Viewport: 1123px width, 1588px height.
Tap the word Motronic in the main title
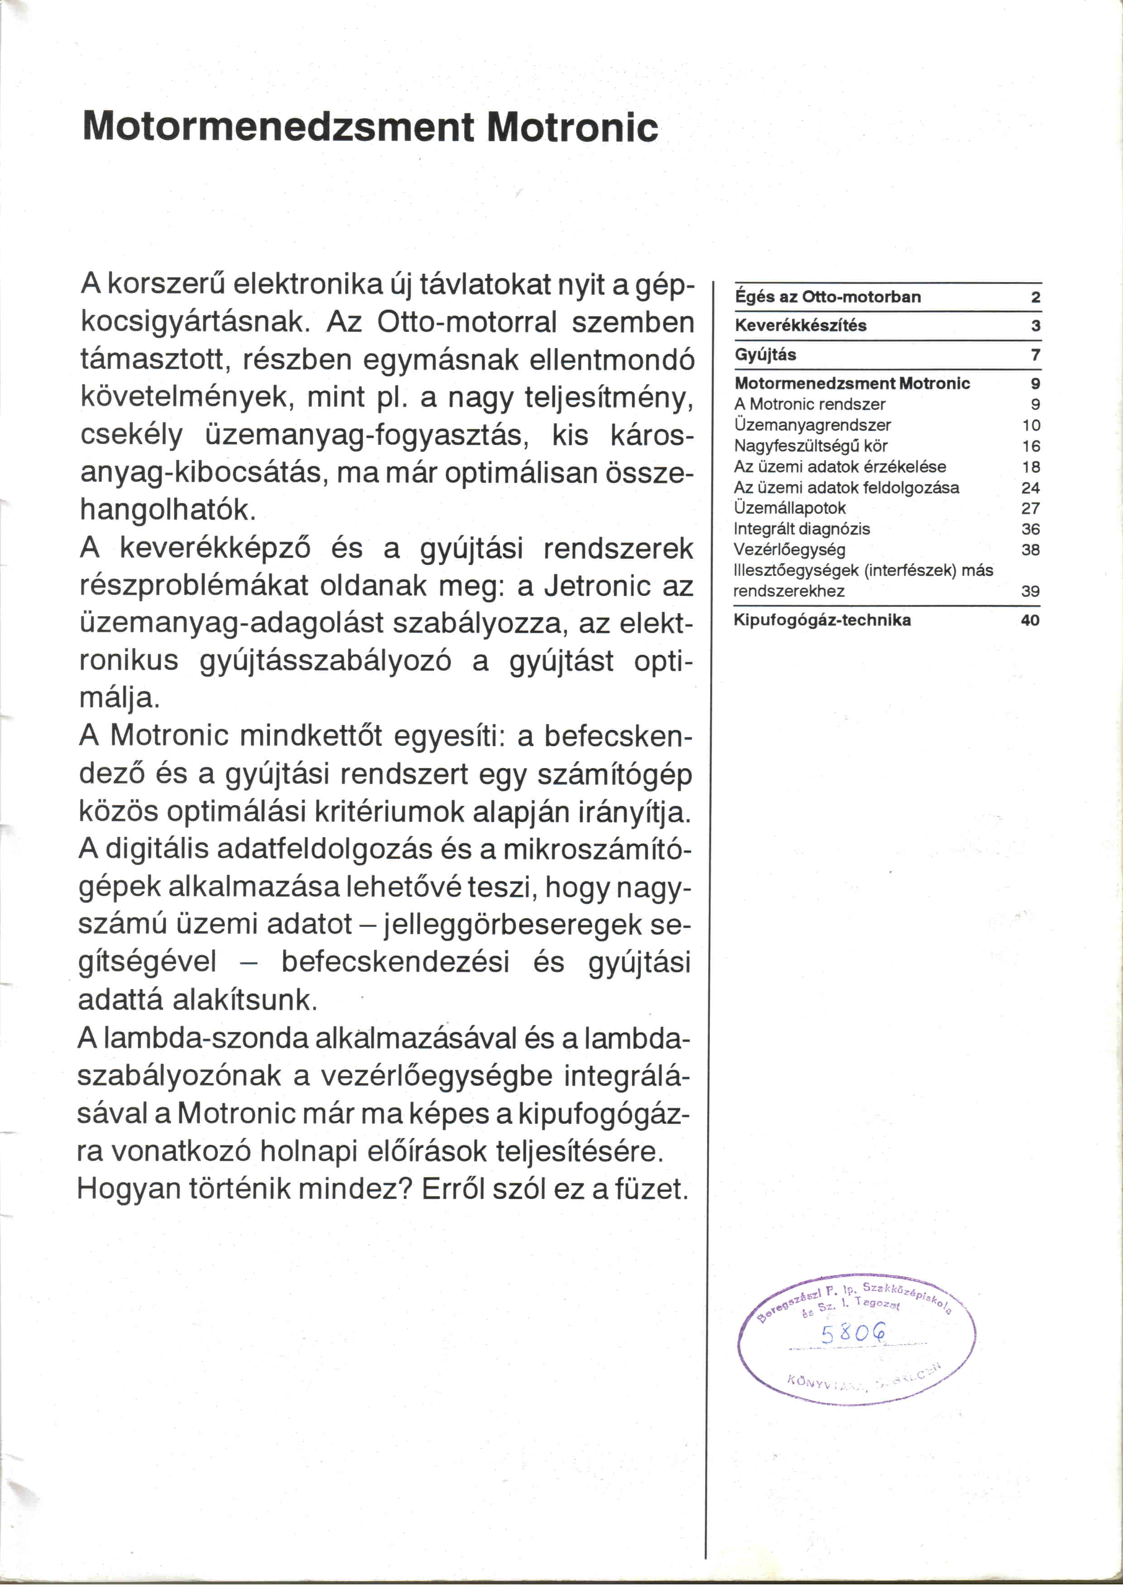572,127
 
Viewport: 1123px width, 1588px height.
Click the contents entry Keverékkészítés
800,326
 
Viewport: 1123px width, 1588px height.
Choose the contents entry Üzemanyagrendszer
812,425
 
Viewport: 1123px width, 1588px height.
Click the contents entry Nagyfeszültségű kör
811,446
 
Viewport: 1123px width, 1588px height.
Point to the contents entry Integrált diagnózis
801,529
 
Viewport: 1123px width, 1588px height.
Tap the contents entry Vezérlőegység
789,550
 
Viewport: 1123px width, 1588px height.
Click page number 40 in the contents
1030,620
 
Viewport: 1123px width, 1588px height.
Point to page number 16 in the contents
1030,446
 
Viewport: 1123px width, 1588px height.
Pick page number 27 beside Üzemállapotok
1030,509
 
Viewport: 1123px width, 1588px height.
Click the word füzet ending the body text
652,1189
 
